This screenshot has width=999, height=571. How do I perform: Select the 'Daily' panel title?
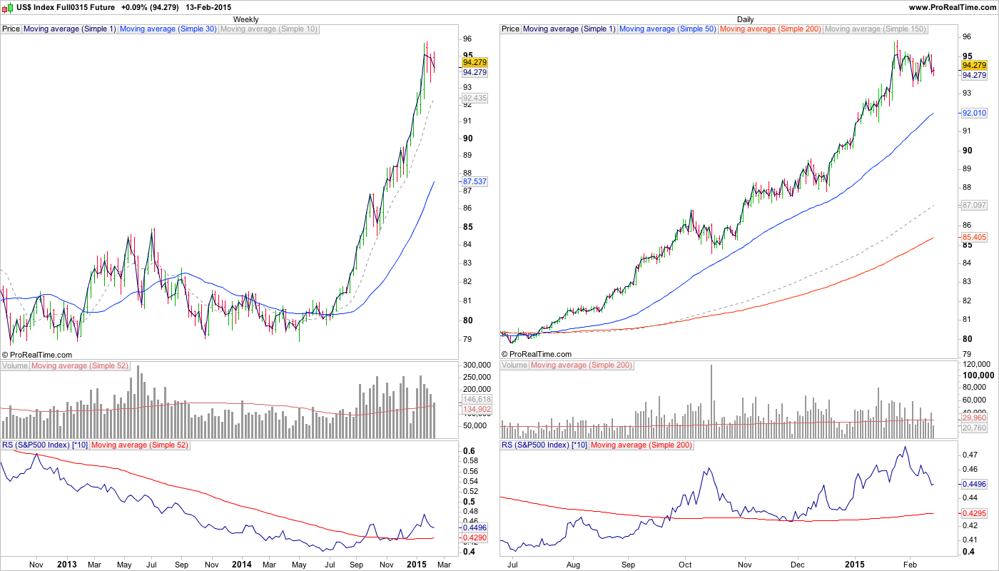click(x=746, y=19)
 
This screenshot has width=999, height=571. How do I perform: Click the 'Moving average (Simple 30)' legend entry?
click(x=168, y=29)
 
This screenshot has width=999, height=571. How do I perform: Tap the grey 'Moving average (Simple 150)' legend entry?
click(x=875, y=29)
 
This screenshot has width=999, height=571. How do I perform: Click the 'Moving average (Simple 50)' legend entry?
click(x=667, y=29)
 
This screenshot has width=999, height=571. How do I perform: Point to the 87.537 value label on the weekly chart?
click(x=475, y=182)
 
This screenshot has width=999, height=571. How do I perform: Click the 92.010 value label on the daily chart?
click(x=974, y=113)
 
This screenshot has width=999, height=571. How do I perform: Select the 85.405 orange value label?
click(x=974, y=237)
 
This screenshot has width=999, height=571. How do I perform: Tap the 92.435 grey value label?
click(x=475, y=98)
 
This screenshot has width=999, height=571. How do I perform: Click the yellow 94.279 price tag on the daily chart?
click(x=974, y=64)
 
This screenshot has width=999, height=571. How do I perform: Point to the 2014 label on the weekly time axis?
click(x=241, y=564)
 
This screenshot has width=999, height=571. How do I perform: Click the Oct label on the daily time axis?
click(x=685, y=564)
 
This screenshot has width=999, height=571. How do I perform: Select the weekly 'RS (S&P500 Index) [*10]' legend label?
click(x=44, y=445)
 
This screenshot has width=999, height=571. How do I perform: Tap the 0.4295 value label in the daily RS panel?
click(x=974, y=513)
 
